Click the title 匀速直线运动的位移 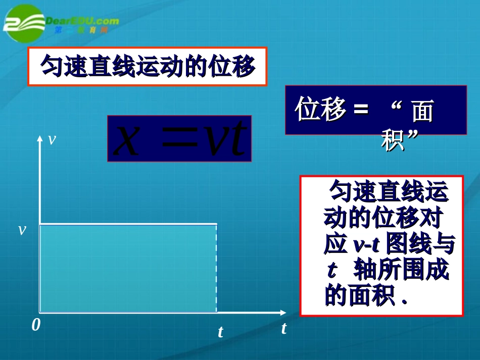coord(147,66)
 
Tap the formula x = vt coord(179,138)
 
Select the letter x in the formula coord(126,139)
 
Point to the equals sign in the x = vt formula coord(177,140)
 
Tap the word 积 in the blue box coord(393,140)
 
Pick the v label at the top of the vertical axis coord(51,139)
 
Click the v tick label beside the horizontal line coord(22,230)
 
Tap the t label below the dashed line coord(220,332)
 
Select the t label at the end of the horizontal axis coord(284,328)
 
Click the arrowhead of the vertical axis coord(39,140)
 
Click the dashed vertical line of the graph coord(217,268)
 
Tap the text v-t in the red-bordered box coord(366,245)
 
